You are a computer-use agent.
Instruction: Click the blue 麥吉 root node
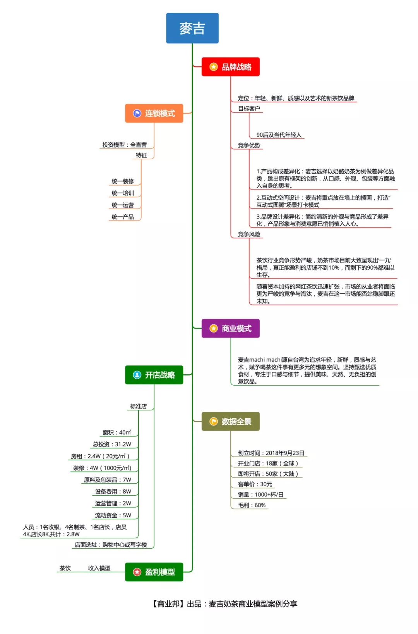192,28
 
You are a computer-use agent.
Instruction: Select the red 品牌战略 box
231,67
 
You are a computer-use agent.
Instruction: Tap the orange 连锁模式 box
154,113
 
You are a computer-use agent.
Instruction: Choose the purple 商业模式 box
231,329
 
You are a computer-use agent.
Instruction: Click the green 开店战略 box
154,375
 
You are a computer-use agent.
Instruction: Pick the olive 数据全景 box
231,421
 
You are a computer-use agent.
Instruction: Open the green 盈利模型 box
154,572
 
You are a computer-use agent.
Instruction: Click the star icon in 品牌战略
214,67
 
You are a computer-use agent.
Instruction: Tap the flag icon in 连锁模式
137,113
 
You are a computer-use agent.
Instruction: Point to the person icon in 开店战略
137,375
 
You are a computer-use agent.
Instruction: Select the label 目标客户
249,109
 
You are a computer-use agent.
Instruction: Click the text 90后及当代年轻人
279,135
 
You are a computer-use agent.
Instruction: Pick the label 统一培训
123,193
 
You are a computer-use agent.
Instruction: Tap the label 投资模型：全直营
125,145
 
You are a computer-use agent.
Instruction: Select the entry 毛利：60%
252,505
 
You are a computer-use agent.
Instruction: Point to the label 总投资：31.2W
112,444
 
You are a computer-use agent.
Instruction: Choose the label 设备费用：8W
113,491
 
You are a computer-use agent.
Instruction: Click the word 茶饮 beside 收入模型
65,568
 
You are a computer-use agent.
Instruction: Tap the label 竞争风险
249,234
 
